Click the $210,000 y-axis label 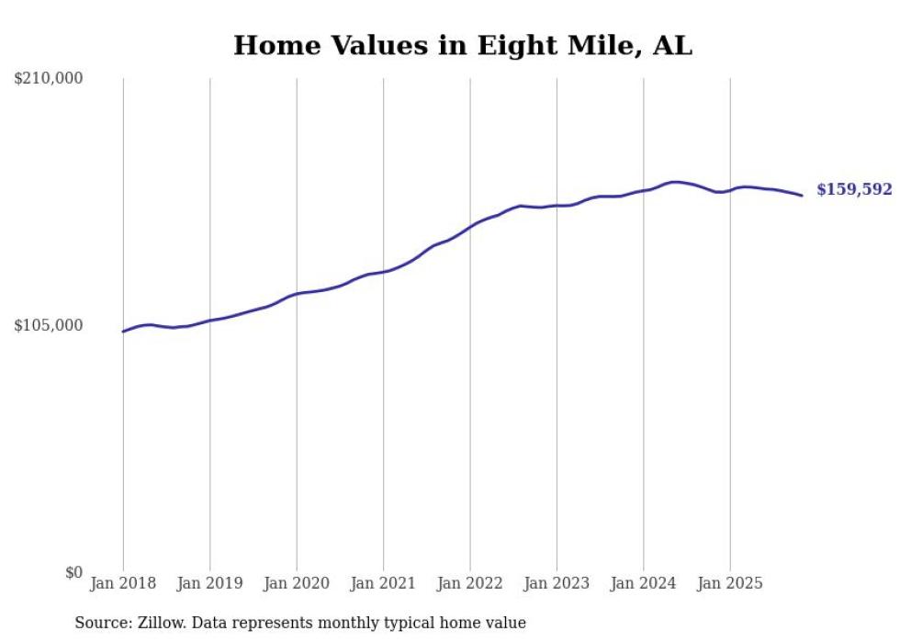pyautogui.click(x=49, y=79)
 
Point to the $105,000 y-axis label pyautogui.click(x=49, y=325)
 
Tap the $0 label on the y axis pyautogui.click(x=73, y=572)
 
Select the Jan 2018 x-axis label pyautogui.click(x=123, y=583)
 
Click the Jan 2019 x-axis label pyautogui.click(x=209, y=583)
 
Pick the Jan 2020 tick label pyautogui.click(x=297, y=583)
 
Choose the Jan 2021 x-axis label pyautogui.click(x=383, y=583)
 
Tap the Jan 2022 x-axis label pyautogui.click(x=470, y=583)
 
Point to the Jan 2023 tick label pyautogui.click(x=557, y=583)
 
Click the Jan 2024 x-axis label pyautogui.click(x=644, y=583)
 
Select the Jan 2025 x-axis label pyautogui.click(x=730, y=583)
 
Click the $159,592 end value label pyautogui.click(x=854, y=189)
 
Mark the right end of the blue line pyautogui.click(x=802, y=195)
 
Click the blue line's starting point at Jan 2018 pyautogui.click(x=123, y=332)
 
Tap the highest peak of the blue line pyautogui.click(x=675, y=182)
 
